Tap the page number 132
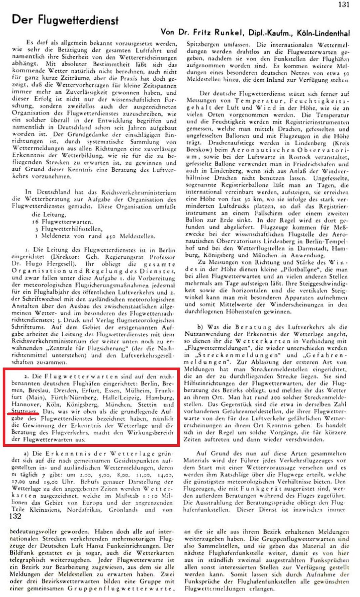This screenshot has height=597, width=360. (15, 516)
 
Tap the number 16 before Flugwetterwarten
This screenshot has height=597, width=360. (35, 222)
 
